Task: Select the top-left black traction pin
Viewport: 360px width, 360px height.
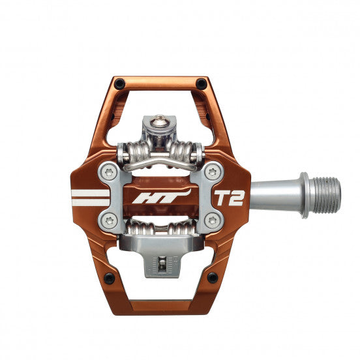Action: (x=119, y=83)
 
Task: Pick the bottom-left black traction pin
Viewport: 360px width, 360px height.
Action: (x=109, y=278)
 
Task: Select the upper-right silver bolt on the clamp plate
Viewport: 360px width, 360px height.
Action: (x=211, y=173)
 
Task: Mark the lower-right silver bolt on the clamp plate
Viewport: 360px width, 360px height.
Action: (x=211, y=221)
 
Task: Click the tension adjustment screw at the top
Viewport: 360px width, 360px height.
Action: (x=160, y=121)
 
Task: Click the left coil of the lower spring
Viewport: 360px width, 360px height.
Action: (x=138, y=230)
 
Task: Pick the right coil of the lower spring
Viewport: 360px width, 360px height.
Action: (x=183, y=230)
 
